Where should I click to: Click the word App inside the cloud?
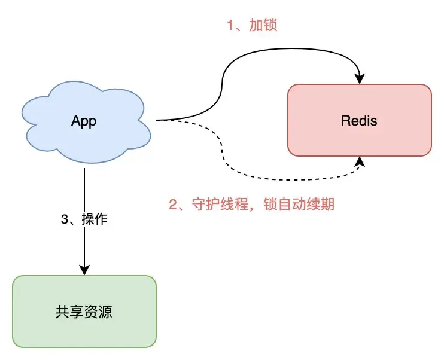84,121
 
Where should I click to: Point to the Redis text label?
359,121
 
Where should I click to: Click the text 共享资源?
84,312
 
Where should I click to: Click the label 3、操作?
84,219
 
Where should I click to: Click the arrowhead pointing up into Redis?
360,162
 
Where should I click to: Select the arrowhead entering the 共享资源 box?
84,270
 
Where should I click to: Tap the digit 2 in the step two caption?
174,205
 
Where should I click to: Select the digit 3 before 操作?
65,219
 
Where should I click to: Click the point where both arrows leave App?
158,120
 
